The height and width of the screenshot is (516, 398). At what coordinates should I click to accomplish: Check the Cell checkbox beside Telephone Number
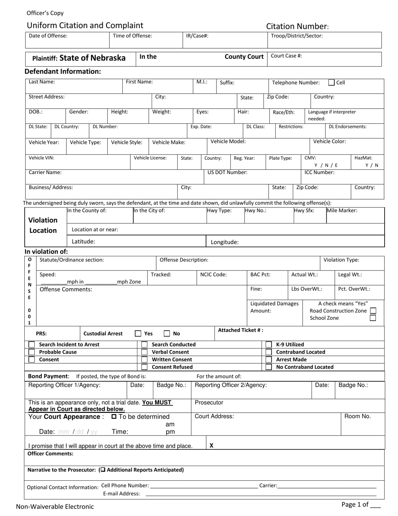coord(331,83)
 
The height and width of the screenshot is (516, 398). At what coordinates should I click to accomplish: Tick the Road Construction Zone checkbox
coord(373,311)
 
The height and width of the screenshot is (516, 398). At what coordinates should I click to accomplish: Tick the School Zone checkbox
coord(373,318)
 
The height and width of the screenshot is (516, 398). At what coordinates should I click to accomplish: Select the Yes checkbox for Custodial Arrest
coord(138,334)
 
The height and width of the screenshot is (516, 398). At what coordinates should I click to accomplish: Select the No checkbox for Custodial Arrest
coord(167,334)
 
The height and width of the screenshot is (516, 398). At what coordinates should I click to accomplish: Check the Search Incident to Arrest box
coord(32,344)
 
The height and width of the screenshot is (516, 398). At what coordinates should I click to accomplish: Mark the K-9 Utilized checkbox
coord(269,344)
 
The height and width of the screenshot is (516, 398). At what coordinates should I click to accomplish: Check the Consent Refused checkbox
coord(145,367)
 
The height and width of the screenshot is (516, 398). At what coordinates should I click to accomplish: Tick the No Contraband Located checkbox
coord(269,367)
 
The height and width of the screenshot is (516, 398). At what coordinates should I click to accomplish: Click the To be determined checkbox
coord(114,417)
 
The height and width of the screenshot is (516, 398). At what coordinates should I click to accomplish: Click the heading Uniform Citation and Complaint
coord(85,25)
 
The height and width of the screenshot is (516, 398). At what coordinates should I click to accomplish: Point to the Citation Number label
coord(297,26)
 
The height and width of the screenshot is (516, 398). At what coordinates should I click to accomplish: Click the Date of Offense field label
coord(48,36)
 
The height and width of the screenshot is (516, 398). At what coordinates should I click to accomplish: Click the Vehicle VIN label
coord(41,158)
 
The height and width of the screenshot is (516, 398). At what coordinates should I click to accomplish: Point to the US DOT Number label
coord(227,172)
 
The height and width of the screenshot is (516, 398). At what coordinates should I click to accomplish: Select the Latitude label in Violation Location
coord(83,241)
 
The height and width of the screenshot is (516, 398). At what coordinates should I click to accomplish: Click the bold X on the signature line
coord(212,446)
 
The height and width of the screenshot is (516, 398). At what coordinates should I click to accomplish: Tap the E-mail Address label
coord(121,494)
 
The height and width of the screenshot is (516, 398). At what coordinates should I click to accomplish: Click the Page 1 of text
coord(355,505)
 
